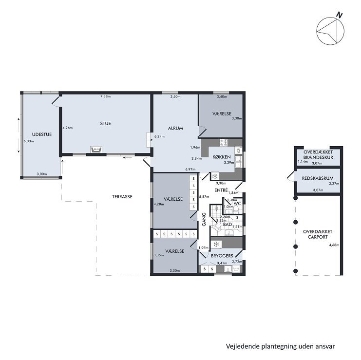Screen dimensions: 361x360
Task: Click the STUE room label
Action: (x=105, y=123)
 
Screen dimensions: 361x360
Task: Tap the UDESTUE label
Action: (x=42, y=134)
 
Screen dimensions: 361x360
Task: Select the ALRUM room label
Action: (x=175, y=128)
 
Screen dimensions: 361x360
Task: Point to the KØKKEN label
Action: (x=222, y=157)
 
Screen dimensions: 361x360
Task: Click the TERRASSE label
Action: (x=122, y=197)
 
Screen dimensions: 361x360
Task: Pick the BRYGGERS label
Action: (x=222, y=256)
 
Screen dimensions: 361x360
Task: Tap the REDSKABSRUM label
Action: (x=318, y=178)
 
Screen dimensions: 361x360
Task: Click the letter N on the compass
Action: (x=339, y=15)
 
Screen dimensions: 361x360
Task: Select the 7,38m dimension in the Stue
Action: (x=105, y=96)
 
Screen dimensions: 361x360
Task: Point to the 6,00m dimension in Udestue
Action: (x=29, y=141)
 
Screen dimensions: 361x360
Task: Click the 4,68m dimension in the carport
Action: (x=334, y=245)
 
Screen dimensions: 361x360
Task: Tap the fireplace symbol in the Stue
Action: (x=96, y=150)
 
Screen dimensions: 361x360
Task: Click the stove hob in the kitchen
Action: (x=224, y=142)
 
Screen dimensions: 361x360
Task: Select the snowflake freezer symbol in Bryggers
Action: (x=216, y=244)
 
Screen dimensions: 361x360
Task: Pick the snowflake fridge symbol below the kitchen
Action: (x=215, y=176)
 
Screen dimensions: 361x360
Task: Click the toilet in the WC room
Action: (x=236, y=208)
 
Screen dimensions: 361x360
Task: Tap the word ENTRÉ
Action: (x=221, y=190)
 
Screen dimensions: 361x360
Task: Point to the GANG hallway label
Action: (x=204, y=219)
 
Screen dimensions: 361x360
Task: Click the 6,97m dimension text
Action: (x=190, y=170)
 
